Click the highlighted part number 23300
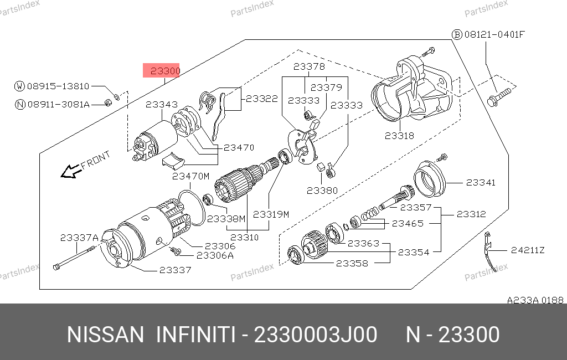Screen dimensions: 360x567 tap(161, 70)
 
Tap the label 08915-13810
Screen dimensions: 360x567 tap(58, 86)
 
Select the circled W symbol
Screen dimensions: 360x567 tap(20, 86)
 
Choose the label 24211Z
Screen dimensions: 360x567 tap(528, 250)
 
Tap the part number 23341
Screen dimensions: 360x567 tap(480, 182)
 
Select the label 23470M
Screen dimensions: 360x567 tap(190, 176)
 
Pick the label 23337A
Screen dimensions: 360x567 tap(79, 237)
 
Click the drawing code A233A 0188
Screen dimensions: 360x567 tap(535, 300)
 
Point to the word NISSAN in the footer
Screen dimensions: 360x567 tap(105, 335)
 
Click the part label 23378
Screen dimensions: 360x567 tap(309, 66)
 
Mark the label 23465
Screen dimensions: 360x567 tap(408, 223)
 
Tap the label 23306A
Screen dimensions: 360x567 tap(215, 255)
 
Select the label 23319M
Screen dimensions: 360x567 tap(271, 215)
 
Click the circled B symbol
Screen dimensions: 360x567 tap(457, 34)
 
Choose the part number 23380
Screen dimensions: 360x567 tap(322, 190)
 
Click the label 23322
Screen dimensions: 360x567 tap(262, 98)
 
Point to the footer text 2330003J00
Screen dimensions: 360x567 tap(315, 335)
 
